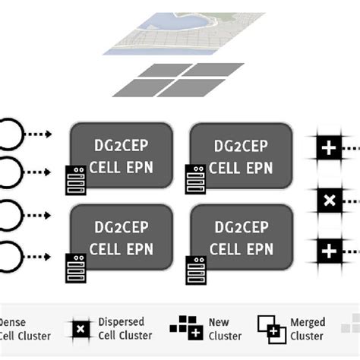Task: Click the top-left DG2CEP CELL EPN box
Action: tap(122, 152)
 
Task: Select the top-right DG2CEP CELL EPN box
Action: tap(242, 152)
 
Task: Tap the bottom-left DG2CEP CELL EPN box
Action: tap(122, 238)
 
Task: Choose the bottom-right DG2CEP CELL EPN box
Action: tap(242, 238)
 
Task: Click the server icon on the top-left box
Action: tap(76, 180)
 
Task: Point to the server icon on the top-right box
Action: tap(195, 179)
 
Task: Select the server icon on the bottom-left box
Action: tap(76, 267)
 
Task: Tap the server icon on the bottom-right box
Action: tap(195, 267)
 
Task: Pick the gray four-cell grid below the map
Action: tap(179, 80)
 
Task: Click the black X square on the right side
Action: tap(329, 201)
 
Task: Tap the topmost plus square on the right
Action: tap(329, 147)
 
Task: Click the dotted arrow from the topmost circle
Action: tap(38, 134)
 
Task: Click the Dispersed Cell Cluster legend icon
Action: tap(80, 329)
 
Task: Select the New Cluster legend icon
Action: tap(186, 329)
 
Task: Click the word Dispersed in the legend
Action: tap(121, 322)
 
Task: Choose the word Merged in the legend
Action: tap(308, 322)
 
